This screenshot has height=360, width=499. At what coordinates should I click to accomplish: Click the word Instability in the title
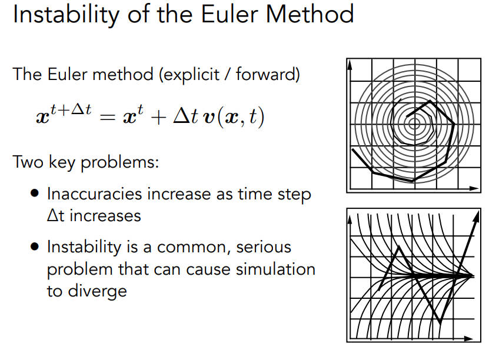66,15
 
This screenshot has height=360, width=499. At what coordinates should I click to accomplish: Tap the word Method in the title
310,14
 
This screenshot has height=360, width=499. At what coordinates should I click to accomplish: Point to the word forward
265,75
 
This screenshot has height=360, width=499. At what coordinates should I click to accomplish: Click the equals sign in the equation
107,117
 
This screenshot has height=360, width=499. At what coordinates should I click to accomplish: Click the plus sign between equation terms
159,117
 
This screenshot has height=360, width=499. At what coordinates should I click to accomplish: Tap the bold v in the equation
209,118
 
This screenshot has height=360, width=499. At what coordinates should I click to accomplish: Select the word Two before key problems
28,162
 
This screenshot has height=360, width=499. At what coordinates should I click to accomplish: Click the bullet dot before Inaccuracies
35,194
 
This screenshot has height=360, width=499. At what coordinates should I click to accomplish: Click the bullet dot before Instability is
35,246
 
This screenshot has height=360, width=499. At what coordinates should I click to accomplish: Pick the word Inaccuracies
94,194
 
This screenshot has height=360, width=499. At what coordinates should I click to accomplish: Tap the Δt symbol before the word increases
56,216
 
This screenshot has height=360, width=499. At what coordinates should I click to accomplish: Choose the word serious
264,247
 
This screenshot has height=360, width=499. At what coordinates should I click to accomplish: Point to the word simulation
275,269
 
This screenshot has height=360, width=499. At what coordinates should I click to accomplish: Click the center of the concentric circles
414,124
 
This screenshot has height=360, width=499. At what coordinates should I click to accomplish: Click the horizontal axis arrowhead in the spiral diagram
474,189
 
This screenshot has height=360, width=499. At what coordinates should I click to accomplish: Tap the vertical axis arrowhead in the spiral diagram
350,65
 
